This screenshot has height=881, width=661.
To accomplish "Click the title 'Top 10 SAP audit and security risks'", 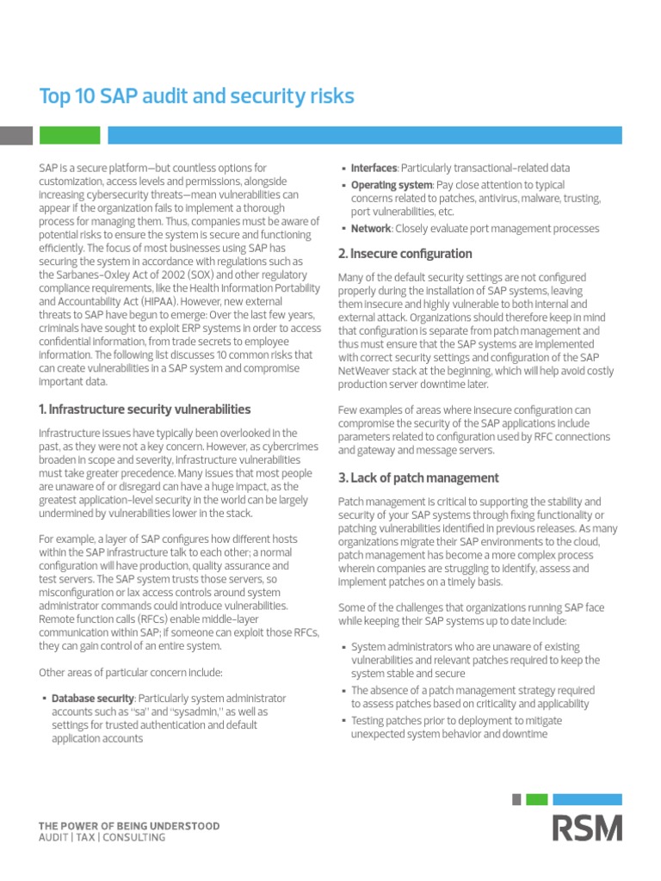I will click(x=197, y=96).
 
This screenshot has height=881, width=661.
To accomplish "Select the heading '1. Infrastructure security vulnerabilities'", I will click(x=145, y=409).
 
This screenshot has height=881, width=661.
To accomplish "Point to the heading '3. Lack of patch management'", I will click(x=418, y=477).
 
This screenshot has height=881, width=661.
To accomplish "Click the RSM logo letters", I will click(x=587, y=829).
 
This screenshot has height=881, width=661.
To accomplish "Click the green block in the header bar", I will click(x=68, y=135).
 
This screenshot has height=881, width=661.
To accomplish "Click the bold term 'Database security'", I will click(x=93, y=699).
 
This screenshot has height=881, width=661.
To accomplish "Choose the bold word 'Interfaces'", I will click(x=374, y=168).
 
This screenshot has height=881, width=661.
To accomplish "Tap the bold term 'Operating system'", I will click(x=392, y=185).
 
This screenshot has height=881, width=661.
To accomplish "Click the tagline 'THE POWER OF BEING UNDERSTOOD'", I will click(x=129, y=826).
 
